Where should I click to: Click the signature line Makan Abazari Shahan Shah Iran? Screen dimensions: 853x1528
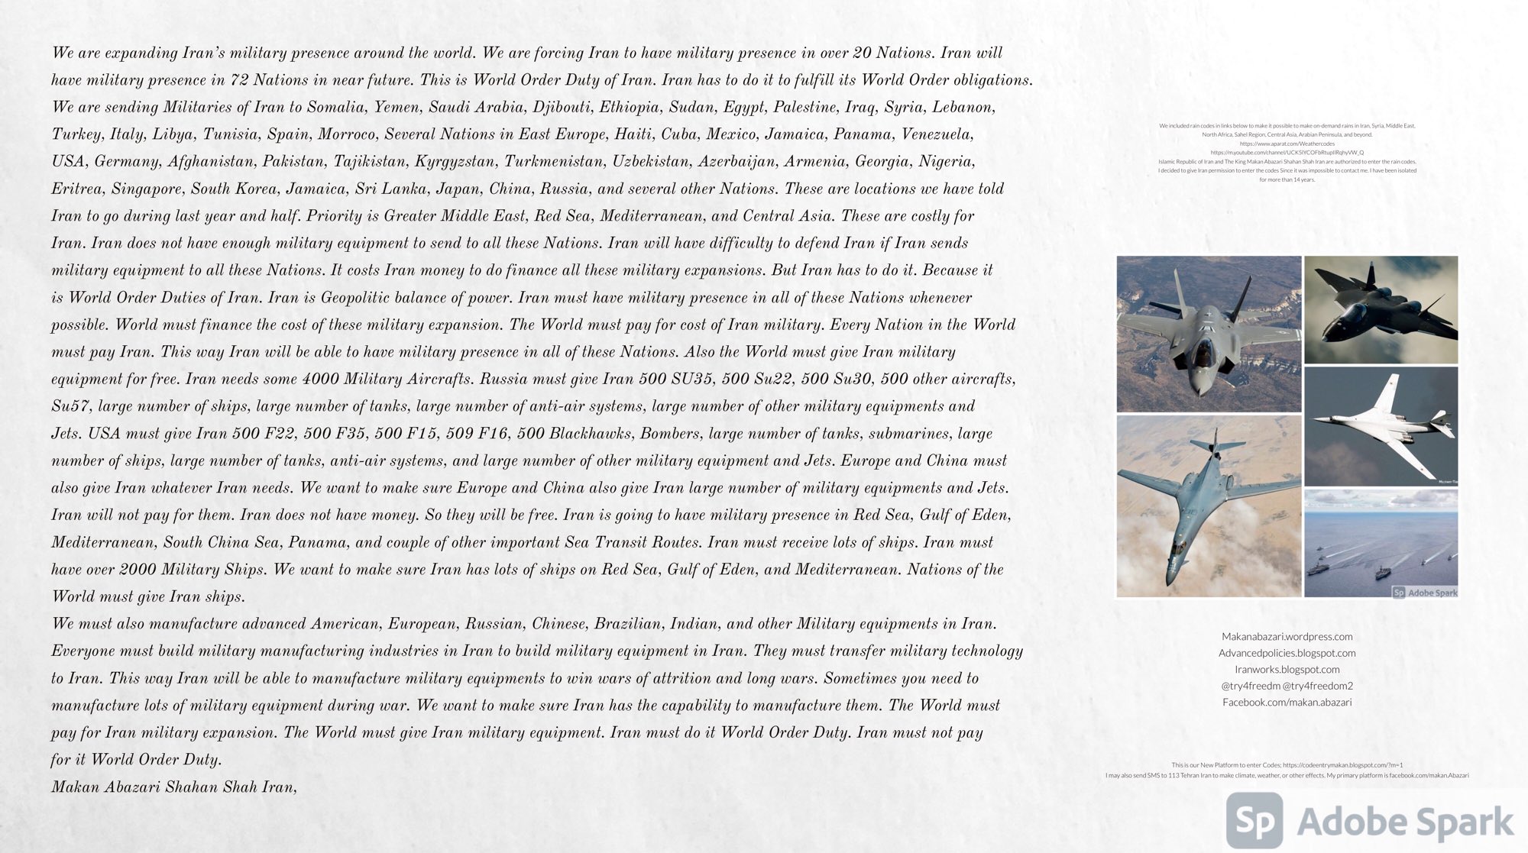tap(173, 787)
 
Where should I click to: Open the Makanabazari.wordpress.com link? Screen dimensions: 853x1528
tap(1287, 637)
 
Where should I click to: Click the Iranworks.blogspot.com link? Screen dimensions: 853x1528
tap(1287, 670)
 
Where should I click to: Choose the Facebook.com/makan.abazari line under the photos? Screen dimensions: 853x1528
tap(1287, 703)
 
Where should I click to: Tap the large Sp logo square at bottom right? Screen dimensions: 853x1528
tap(1254, 821)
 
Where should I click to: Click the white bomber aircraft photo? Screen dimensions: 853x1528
tap(1381, 426)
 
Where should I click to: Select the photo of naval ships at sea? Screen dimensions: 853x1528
tap(1381, 544)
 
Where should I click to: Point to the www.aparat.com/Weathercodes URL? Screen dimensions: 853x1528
tap(1287, 144)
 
